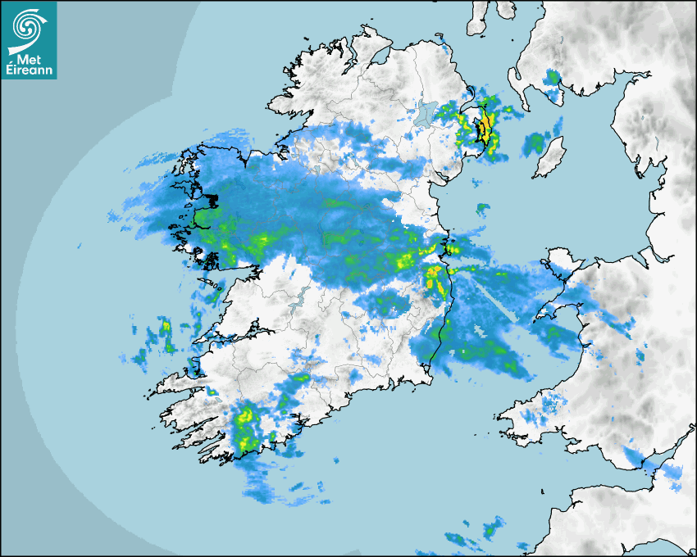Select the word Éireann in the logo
point(29,71)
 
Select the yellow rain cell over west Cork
point(244,426)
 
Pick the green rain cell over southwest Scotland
point(552,78)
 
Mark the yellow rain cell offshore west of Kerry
point(165,327)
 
